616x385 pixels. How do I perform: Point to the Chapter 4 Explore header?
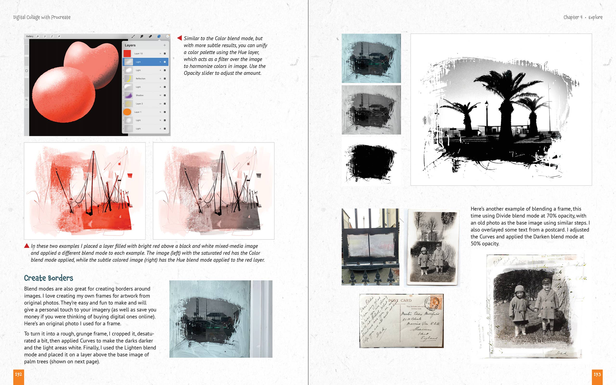tap(583, 17)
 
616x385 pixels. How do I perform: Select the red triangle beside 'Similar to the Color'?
tap(180, 38)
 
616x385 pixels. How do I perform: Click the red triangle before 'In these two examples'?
tap(26, 246)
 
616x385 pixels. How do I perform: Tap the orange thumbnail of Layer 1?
tap(127, 112)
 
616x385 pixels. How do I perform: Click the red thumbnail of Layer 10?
tap(127, 53)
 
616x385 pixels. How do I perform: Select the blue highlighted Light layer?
tap(145, 62)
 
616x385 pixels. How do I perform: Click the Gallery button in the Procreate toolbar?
tap(30, 36)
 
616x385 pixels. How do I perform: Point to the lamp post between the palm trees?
tap(487, 115)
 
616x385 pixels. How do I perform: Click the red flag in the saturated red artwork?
tap(130, 175)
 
